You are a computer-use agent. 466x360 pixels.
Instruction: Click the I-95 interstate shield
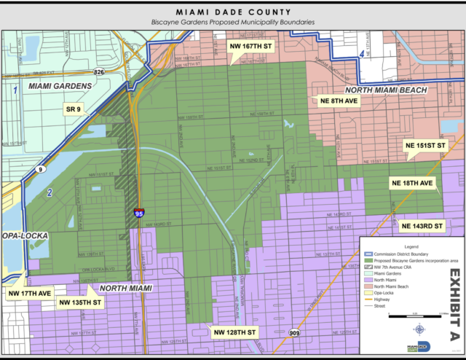pyautogui.click(x=139, y=213)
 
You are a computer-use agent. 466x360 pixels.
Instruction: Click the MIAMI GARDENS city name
pyautogui.click(x=60, y=86)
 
